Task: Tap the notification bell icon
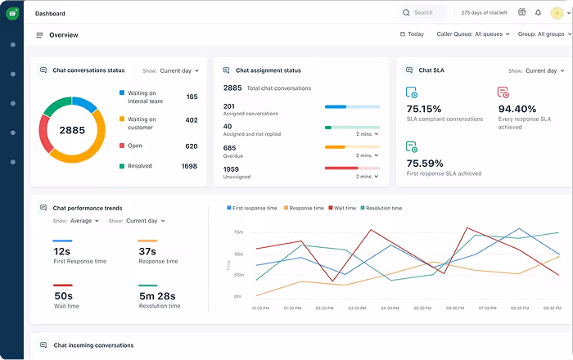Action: coord(538,13)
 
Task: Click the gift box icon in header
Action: coord(521,12)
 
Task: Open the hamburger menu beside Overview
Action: coord(39,35)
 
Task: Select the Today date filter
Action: coord(412,34)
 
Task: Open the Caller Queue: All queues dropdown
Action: coord(473,34)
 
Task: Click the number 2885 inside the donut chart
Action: coord(72,130)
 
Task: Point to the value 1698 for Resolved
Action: coord(189,166)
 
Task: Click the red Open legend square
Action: coord(122,146)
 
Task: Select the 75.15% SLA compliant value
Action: coord(424,109)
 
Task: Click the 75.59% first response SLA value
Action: coord(424,163)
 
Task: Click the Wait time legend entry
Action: coord(342,209)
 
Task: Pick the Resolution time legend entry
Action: coord(381,209)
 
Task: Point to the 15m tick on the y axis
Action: coord(238,232)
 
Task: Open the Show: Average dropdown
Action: coord(84,221)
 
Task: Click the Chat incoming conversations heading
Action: coord(93,345)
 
